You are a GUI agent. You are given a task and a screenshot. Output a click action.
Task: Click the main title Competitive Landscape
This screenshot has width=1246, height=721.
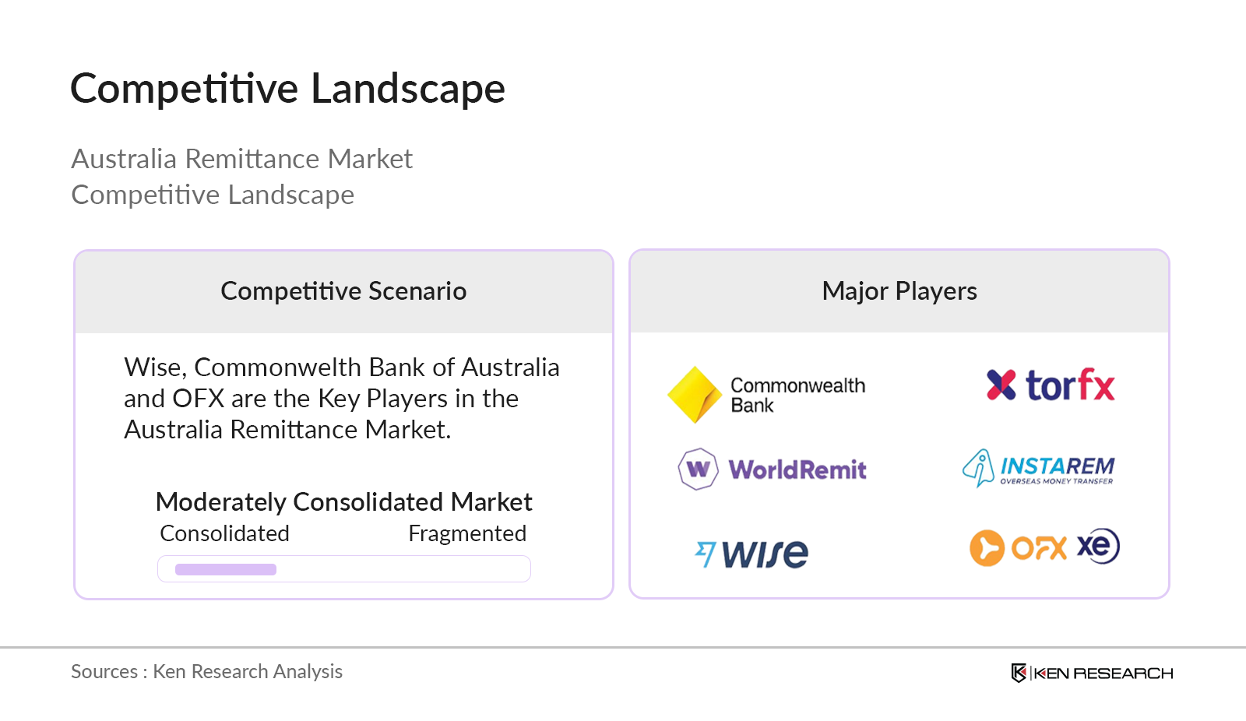[x=287, y=88]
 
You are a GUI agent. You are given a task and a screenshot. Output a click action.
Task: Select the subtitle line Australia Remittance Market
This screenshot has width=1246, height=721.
[x=241, y=159]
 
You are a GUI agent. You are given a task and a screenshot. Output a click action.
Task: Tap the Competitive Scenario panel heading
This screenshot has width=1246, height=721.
[x=343, y=291]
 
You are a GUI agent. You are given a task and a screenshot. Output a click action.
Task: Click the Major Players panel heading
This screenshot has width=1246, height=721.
[x=899, y=291]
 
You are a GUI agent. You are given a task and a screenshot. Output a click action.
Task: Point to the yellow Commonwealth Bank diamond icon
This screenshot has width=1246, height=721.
[x=694, y=395]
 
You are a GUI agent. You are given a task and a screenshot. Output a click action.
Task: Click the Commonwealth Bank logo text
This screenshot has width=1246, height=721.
[x=797, y=395]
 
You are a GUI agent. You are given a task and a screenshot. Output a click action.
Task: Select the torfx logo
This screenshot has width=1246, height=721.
[x=1051, y=385]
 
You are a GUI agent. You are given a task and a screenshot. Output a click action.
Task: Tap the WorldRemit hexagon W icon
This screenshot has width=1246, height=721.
[x=698, y=469]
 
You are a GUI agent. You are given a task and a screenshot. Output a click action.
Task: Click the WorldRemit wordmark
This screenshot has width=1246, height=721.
[x=797, y=470]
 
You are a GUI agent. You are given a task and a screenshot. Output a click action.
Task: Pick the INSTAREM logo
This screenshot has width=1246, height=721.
[x=1039, y=468]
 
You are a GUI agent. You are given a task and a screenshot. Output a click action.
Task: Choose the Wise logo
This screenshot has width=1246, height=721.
[x=751, y=554]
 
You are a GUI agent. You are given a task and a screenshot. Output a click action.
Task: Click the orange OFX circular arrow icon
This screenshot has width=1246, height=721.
[x=987, y=547]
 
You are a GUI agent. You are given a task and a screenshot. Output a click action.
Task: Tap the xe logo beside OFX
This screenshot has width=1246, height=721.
[x=1098, y=546]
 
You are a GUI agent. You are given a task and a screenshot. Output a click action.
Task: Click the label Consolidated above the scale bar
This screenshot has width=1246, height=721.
[x=224, y=533]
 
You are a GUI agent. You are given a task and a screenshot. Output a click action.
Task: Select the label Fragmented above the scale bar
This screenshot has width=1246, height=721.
[x=467, y=533]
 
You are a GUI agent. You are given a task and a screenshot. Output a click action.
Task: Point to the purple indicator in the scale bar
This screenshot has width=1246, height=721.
[x=226, y=569]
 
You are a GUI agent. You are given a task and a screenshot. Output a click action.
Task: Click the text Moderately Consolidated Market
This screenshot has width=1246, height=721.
[x=343, y=502]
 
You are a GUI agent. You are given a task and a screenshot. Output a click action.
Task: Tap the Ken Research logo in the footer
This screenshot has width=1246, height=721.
[x=1092, y=673]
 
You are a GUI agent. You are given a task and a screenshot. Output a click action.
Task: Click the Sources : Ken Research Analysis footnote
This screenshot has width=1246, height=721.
[x=206, y=671]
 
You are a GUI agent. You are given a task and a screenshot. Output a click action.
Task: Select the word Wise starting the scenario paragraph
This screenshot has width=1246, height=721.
[x=154, y=368]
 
